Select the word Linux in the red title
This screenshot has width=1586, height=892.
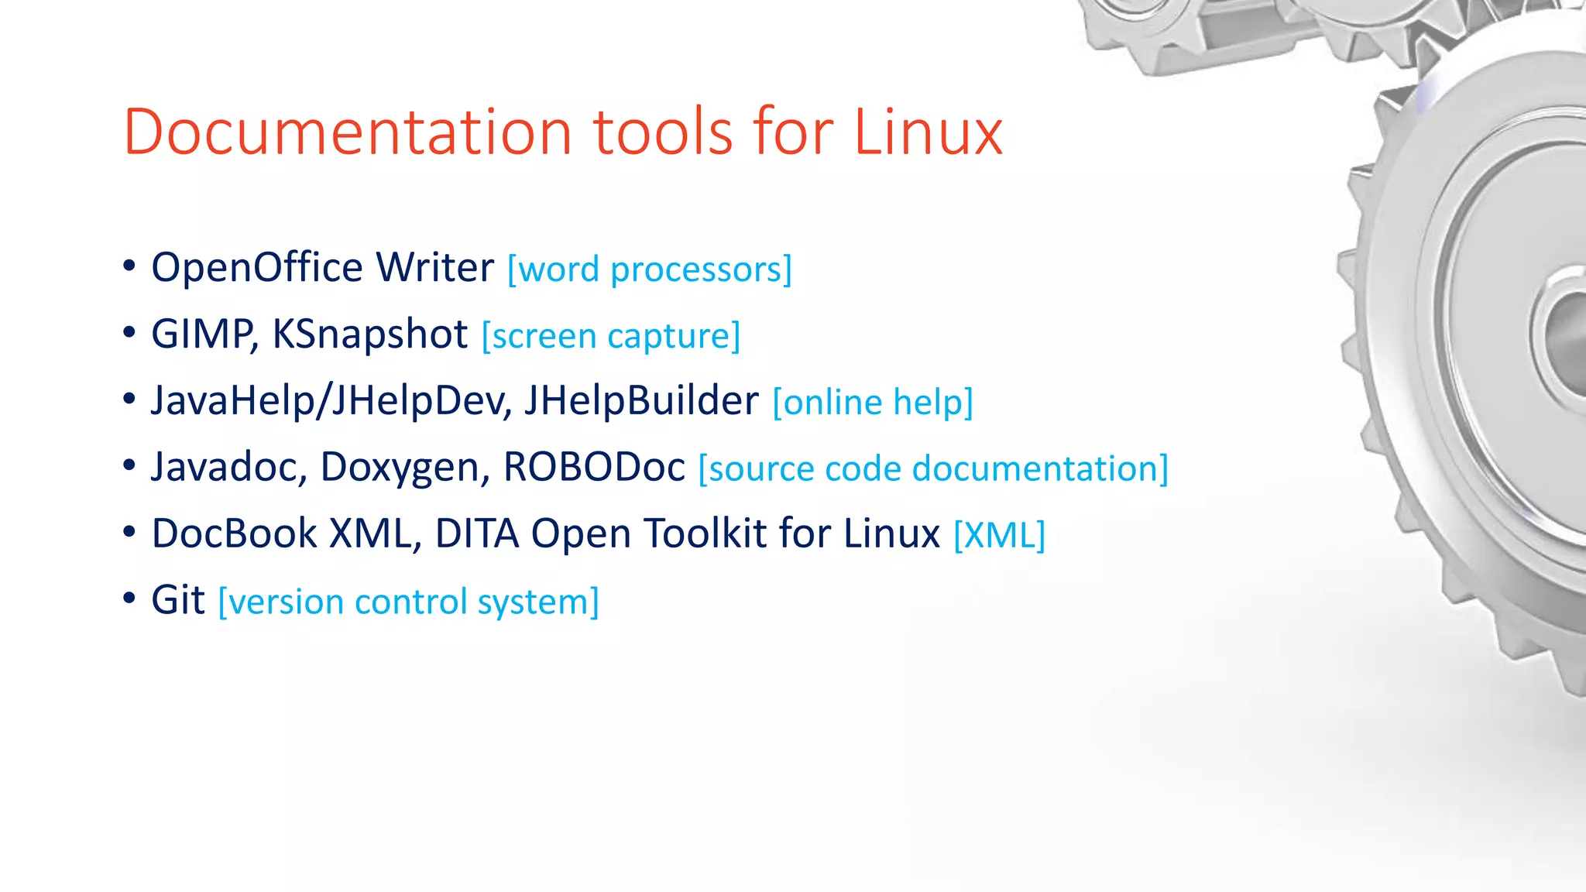pyautogui.click(x=928, y=132)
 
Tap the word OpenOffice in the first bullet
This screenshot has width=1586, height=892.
pyautogui.click(x=257, y=268)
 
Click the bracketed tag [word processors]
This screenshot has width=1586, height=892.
pyautogui.click(x=650, y=269)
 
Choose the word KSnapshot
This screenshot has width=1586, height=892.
pyautogui.click(x=370, y=334)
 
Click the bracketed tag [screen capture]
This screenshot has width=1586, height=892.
pyautogui.click(x=611, y=336)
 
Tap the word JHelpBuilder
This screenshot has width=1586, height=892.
pyautogui.click(x=641, y=401)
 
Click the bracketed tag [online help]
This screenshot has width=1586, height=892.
pyautogui.click(x=873, y=403)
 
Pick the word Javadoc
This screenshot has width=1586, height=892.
pyautogui.click(x=229, y=468)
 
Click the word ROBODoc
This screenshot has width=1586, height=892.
pyautogui.click(x=594, y=468)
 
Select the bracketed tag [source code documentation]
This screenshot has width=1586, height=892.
pyautogui.click(x=933, y=469)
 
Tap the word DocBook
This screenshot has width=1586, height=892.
pyautogui.click(x=234, y=534)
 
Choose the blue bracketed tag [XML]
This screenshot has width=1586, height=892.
pyautogui.click(x=999, y=536)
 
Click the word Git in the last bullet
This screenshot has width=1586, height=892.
pyautogui.click(x=178, y=601)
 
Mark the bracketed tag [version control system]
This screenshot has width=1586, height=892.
pyautogui.click(x=409, y=602)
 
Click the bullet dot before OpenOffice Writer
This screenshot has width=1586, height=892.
pyautogui.click(x=129, y=267)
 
